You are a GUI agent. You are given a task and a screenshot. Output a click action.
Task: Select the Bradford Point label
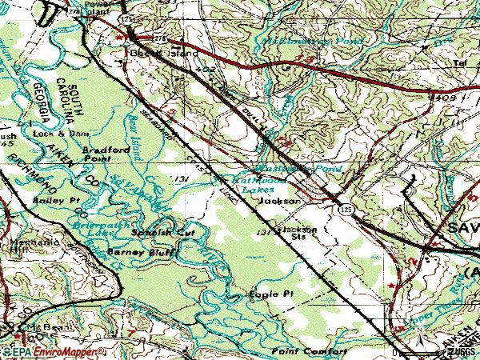point(102,154)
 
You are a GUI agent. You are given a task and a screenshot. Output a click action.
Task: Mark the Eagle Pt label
point(271,294)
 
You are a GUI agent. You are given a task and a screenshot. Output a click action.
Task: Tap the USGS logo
point(460,352)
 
